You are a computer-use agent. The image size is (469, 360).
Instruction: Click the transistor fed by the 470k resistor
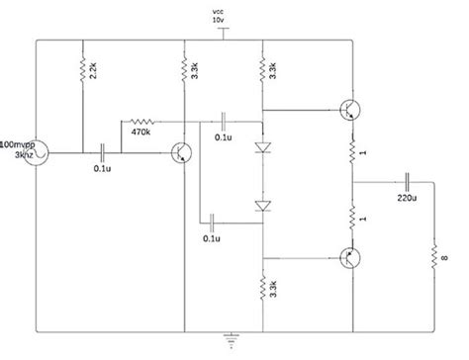pyautogui.click(x=180, y=152)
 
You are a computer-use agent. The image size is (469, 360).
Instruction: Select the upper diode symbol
pyautogui.click(x=262, y=148)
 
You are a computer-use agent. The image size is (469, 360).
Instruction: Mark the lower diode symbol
pyautogui.click(x=262, y=205)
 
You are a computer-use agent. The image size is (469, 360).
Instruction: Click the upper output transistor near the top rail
pyautogui.click(x=348, y=109)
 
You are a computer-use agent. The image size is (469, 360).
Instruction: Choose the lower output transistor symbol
pyautogui.click(x=348, y=257)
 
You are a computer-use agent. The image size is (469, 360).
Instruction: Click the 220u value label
pyautogui.click(x=407, y=198)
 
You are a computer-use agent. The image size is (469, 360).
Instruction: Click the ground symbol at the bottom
pyautogui.click(x=233, y=340)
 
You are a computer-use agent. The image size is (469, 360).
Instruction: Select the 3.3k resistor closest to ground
pyautogui.click(x=262, y=288)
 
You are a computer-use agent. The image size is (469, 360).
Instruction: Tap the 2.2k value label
pyautogui.click(x=93, y=72)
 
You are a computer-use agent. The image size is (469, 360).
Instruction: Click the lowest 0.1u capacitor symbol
pyautogui.click(x=211, y=219)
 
